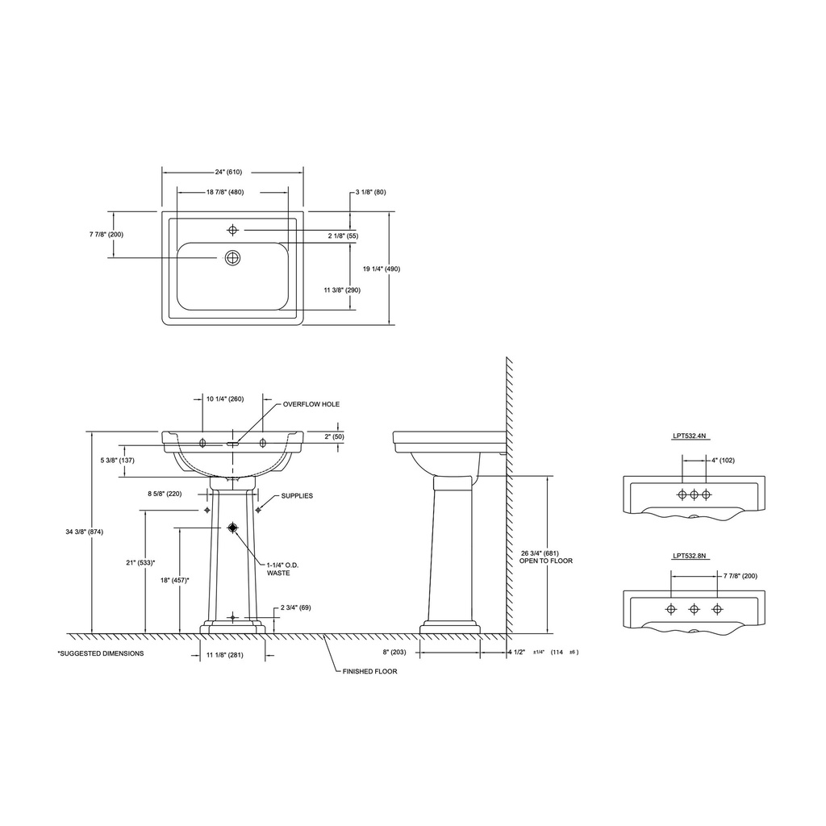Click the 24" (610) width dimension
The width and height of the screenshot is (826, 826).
(228, 173)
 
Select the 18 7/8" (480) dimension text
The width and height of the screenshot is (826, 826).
(225, 192)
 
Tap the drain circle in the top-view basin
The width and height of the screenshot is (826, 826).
(233, 257)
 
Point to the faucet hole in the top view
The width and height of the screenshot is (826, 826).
(233, 230)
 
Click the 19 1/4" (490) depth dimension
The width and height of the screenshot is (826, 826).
(382, 269)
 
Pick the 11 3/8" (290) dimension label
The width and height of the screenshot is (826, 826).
(342, 290)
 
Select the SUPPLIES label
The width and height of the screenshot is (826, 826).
(297, 496)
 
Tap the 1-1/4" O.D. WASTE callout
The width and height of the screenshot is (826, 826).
(282, 569)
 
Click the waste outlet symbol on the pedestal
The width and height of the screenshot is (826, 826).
(233, 528)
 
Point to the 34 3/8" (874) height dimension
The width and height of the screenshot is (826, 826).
(84, 532)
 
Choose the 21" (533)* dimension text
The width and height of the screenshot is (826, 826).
(140, 562)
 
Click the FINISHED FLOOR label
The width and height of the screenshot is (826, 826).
(369, 671)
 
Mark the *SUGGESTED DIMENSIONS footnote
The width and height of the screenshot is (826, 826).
(101, 653)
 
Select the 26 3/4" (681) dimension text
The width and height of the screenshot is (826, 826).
(540, 553)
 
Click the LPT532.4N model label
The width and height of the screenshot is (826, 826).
(689, 436)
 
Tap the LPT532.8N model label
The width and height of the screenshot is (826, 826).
(689, 556)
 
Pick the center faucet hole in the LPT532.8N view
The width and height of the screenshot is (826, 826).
(695, 610)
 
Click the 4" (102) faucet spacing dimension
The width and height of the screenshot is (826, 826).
(723, 460)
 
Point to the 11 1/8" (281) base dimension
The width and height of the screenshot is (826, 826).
(225, 655)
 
